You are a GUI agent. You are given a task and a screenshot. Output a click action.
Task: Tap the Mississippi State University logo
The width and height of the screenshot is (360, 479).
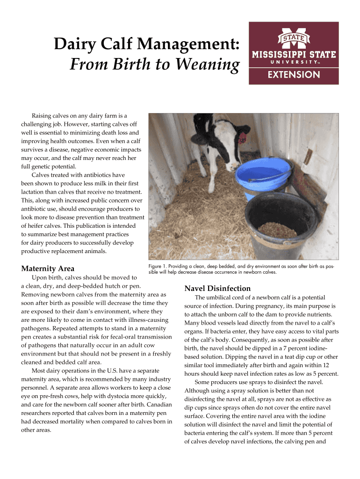(294, 53)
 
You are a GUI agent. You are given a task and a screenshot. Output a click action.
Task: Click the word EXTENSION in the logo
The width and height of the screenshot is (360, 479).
(294, 75)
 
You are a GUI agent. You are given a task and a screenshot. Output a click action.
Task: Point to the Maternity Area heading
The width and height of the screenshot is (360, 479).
(48, 269)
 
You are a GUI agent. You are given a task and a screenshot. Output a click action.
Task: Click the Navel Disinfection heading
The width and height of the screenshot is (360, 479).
(218, 288)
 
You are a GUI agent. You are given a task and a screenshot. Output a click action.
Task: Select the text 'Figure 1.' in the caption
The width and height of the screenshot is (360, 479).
(159, 266)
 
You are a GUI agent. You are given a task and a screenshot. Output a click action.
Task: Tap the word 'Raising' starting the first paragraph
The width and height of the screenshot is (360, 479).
(43, 115)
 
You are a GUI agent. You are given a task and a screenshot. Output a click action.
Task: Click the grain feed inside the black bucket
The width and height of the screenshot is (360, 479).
(278, 229)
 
